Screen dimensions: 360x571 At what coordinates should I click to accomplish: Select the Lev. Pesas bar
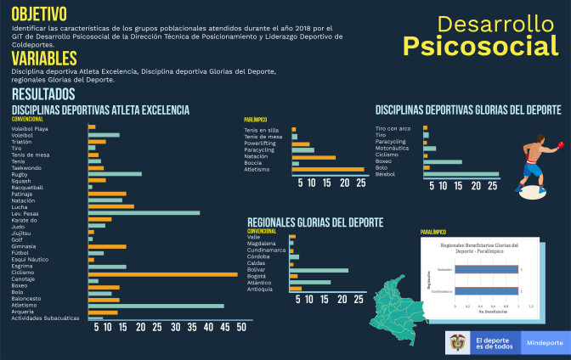[x=144, y=213]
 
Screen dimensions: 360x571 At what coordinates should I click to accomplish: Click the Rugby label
[x=21, y=174]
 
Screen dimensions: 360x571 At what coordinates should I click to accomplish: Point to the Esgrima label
[x=23, y=267]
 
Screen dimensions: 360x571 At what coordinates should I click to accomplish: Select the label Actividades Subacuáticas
[x=46, y=318]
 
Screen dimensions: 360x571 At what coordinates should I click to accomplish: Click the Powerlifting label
[x=263, y=143]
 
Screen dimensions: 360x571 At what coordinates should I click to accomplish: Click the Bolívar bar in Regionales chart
[x=319, y=270]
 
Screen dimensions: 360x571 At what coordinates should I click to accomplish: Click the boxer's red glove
[x=558, y=145]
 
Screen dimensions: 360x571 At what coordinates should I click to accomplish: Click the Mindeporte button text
[x=545, y=343]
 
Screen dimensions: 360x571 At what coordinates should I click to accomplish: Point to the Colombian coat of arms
[x=457, y=342]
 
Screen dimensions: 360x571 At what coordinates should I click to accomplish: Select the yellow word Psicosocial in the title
[x=480, y=46]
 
